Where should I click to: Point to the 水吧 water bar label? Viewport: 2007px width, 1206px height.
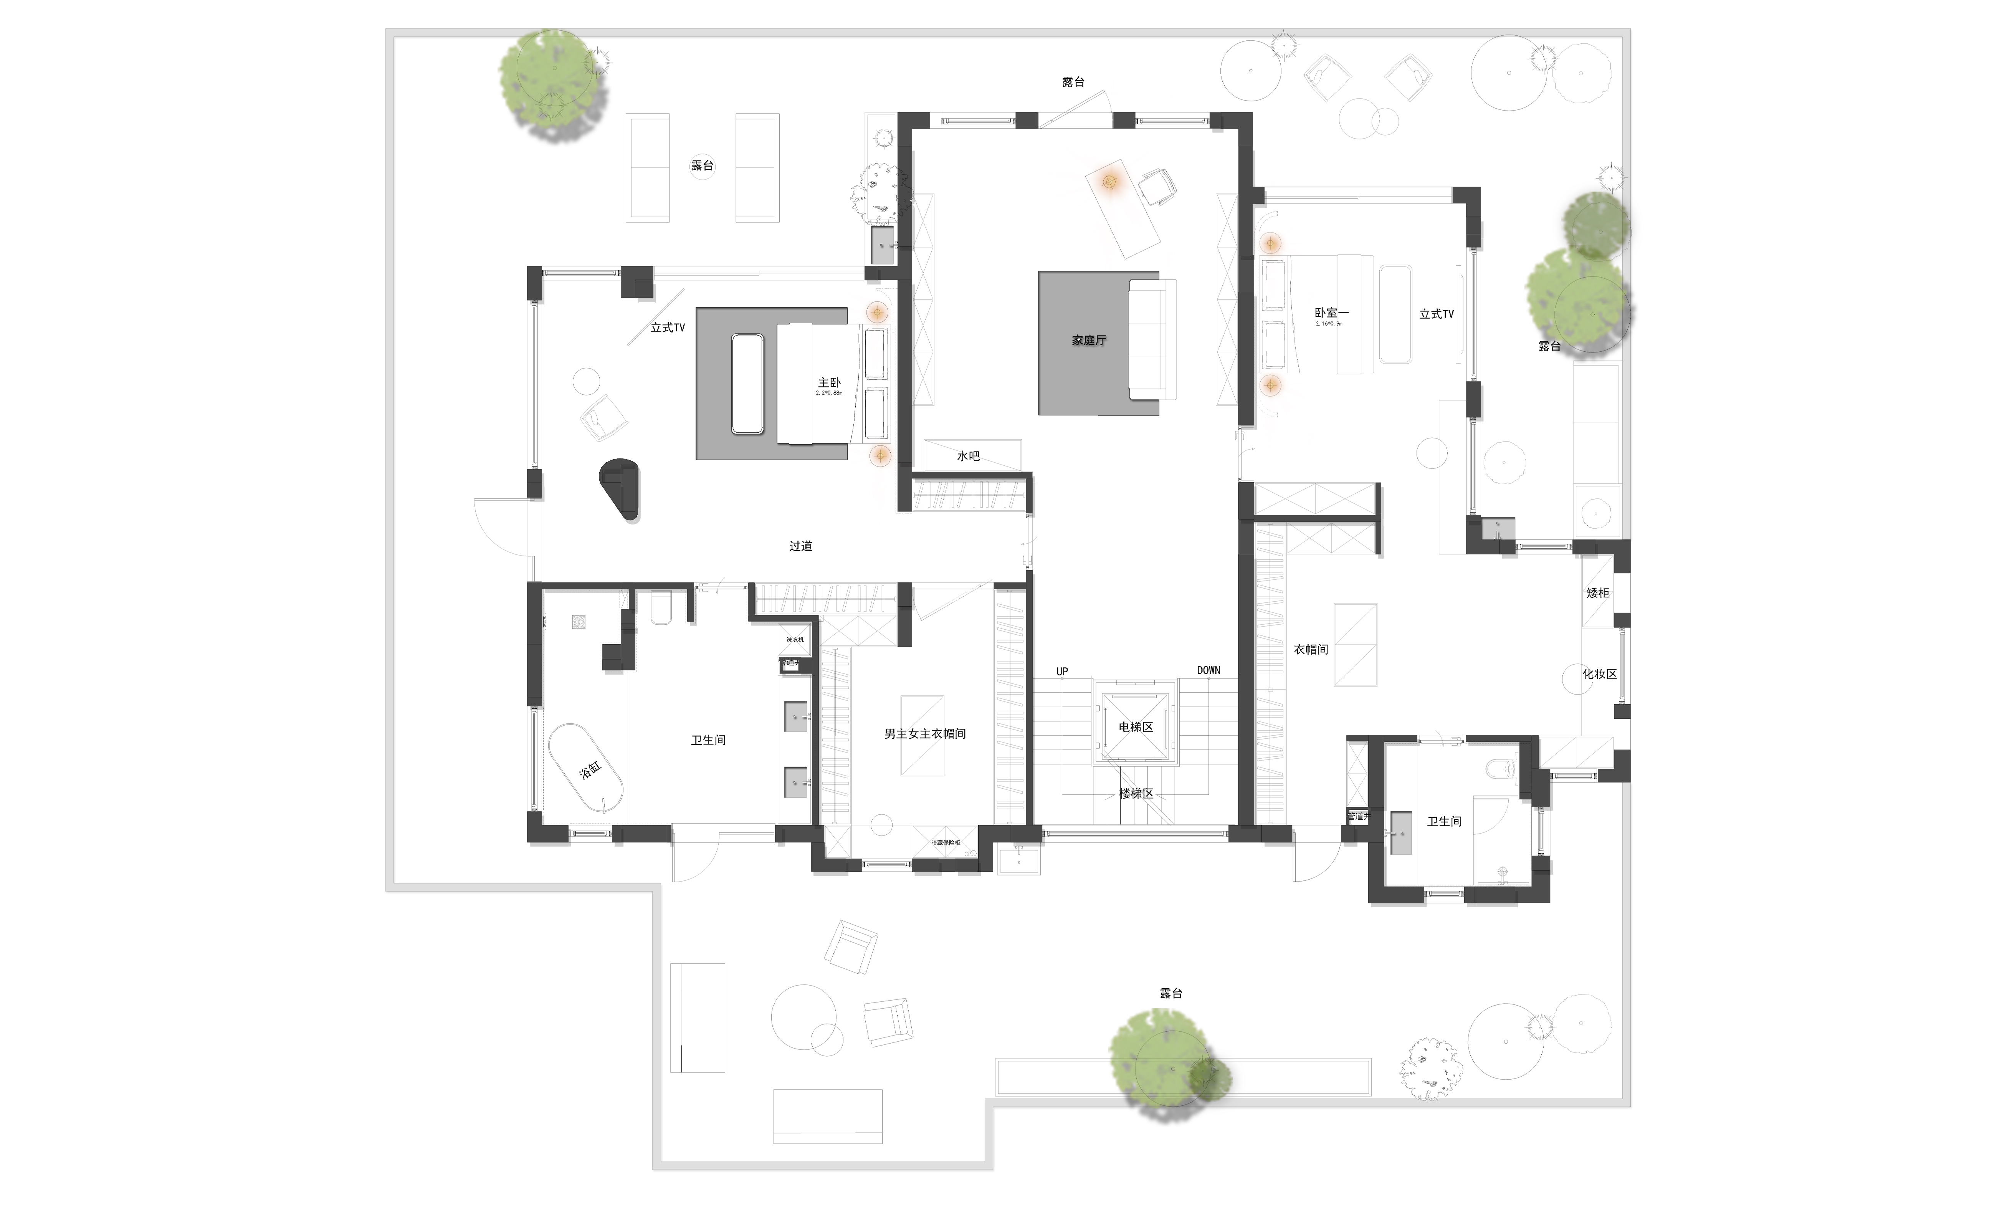click(968, 457)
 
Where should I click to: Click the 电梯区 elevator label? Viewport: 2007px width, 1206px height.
click(1135, 726)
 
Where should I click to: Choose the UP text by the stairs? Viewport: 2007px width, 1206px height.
click(1062, 671)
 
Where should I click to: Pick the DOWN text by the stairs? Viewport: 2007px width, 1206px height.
click(1208, 670)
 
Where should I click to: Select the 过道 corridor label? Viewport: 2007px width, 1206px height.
click(800, 546)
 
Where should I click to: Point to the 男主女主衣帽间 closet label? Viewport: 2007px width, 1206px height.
click(925, 734)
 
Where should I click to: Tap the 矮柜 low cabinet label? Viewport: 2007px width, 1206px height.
click(1597, 593)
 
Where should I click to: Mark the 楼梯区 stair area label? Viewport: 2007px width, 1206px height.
click(1135, 793)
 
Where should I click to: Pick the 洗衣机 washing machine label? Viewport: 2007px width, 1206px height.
click(795, 640)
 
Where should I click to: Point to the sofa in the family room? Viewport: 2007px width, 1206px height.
click(1151, 339)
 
